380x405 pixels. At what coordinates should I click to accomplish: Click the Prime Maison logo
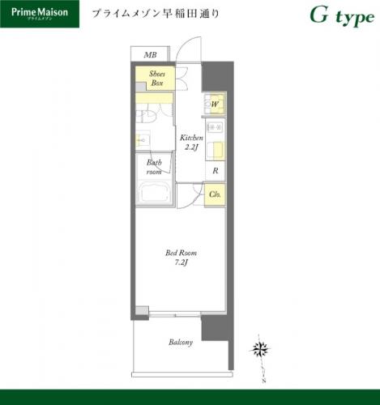tap(40, 14)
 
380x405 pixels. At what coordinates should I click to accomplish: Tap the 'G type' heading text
tap(342, 17)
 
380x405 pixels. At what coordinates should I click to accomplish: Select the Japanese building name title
tap(156, 14)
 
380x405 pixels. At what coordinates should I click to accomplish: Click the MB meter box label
tap(150, 55)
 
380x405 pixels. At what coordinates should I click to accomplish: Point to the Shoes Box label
tap(157, 79)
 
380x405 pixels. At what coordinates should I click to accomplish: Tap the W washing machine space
tap(215, 104)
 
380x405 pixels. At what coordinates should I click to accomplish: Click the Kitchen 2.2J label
tap(191, 143)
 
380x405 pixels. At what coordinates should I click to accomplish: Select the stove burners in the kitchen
tap(215, 127)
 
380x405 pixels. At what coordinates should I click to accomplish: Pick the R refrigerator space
tap(216, 171)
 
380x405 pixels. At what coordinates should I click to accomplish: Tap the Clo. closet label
tap(216, 194)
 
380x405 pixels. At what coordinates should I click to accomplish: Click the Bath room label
tap(154, 167)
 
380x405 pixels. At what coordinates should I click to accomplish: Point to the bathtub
tap(154, 194)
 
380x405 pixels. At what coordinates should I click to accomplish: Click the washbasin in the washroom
tap(143, 139)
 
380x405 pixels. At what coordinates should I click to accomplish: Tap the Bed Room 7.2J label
tap(181, 258)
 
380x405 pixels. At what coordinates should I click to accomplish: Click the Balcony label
tap(181, 343)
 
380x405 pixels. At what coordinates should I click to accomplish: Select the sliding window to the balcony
tap(175, 314)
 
